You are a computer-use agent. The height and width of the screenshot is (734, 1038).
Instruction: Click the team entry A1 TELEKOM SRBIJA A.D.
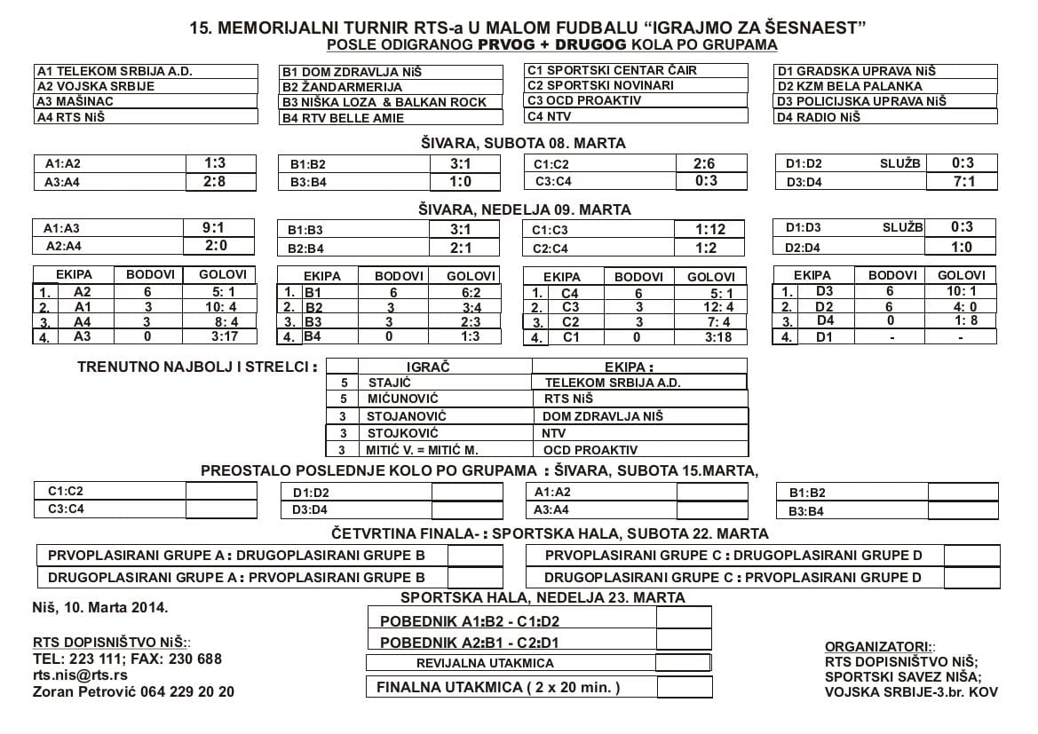click(115, 71)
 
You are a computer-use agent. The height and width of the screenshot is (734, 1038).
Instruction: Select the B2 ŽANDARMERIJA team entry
click(343, 87)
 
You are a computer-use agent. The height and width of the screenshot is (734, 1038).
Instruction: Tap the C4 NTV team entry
click(550, 115)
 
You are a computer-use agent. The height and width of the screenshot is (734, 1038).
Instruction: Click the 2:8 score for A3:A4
click(215, 182)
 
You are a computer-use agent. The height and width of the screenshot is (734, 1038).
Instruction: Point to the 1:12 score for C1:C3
click(710, 229)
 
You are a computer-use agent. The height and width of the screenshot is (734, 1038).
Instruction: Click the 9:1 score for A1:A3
click(215, 228)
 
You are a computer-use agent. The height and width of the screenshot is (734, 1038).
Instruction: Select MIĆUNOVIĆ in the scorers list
click(402, 399)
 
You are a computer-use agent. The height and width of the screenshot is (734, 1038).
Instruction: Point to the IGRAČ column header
click(428, 366)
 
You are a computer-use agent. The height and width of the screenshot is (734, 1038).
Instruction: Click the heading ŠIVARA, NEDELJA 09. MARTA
click(525, 210)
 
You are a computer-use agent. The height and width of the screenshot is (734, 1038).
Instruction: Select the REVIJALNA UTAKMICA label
click(485, 663)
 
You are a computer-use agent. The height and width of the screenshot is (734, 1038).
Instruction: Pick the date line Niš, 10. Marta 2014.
click(99, 608)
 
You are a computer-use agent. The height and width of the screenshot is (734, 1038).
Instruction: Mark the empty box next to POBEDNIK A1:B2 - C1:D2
click(683, 619)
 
